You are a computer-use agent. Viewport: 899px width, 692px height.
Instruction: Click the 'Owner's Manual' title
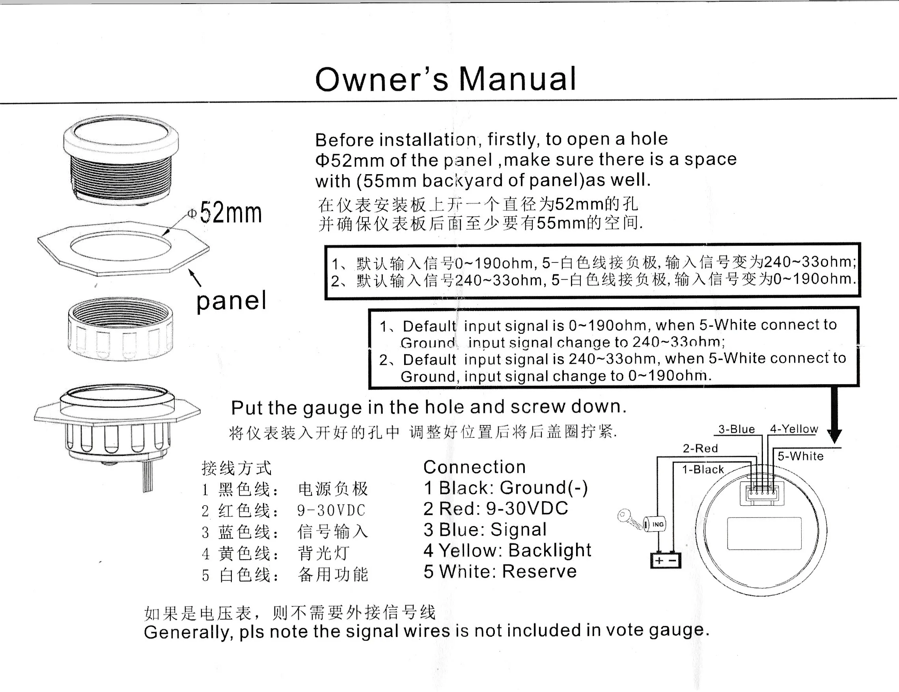coord(446,79)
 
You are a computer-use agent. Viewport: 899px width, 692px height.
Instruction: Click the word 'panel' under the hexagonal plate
coord(231,301)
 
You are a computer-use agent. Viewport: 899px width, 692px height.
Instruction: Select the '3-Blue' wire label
coord(737,429)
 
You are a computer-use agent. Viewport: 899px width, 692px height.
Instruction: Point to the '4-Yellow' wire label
coord(794,429)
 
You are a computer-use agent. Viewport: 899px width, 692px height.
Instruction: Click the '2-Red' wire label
coord(700,448)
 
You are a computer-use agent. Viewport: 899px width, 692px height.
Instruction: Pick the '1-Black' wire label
coord(702,469)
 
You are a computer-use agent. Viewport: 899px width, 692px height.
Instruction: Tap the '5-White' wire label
coord(800,456)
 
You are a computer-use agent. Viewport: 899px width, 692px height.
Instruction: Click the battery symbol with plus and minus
coord(666,560)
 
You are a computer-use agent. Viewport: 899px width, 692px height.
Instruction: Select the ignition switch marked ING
coord(655,524)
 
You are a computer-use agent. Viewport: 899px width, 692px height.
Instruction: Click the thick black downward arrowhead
coord(834,435)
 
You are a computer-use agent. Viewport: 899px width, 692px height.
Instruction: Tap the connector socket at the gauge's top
coord(762,493)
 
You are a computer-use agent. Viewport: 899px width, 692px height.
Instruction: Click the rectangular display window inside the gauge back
coord(764,533)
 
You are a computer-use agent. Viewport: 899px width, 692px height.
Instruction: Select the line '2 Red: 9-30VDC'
coord(496,508)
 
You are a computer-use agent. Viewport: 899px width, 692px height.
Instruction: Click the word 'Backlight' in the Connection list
coord(550,550)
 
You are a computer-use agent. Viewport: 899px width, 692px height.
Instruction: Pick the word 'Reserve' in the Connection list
coord(539,571)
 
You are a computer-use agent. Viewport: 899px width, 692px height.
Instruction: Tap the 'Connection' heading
coord(474,467)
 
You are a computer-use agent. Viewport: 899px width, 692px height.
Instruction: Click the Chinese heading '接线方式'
coord(236,468)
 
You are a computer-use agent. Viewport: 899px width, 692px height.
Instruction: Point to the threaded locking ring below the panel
coord(120,329)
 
